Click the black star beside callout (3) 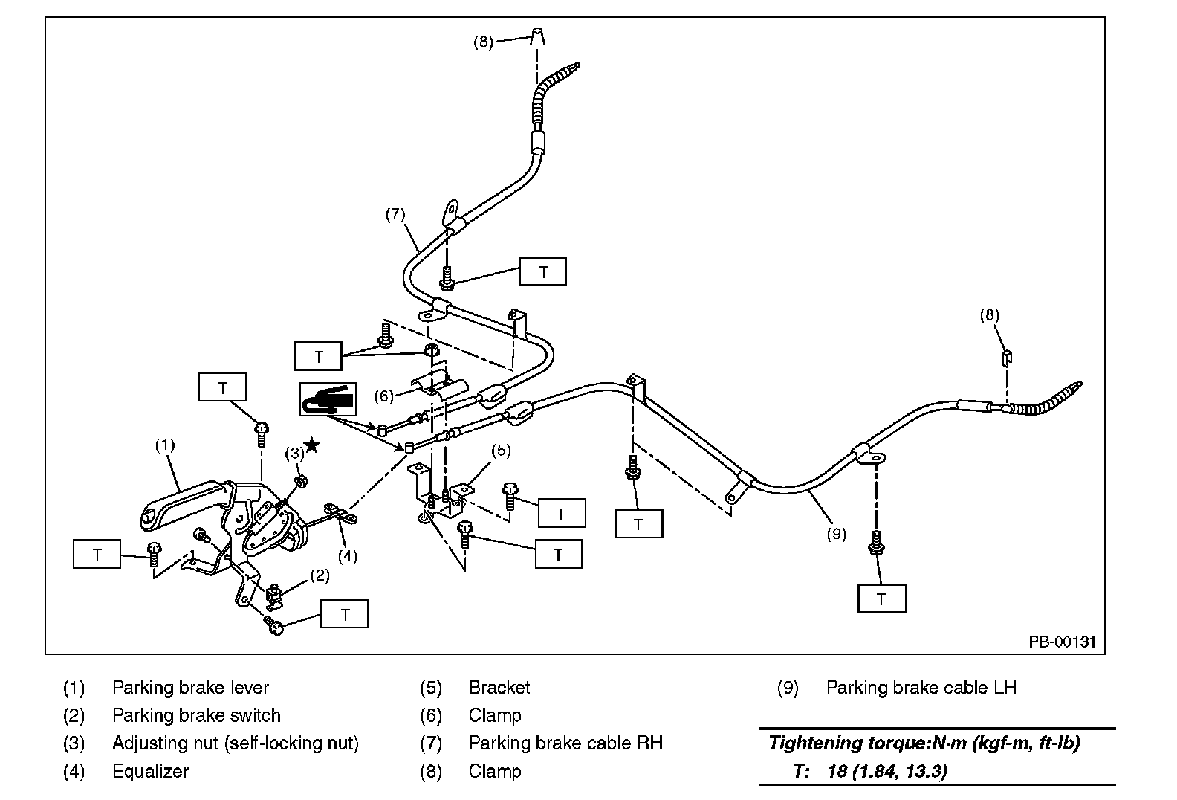(x=313, y=445)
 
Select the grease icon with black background (x=328, y=399)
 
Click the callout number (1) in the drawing (x=164, y=445)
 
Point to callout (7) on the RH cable (x=395, y=214)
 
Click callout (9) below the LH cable (x=837, y=533)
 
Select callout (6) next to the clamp (x=383, y=396)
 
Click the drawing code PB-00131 (x=1062, y=642)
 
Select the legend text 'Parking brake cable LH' (x=921, y=688)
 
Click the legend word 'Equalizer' (x=150, y=771)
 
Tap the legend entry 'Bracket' (x=499, y=688)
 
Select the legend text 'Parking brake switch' (x=196, y=715)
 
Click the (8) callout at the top (x=483, y=42)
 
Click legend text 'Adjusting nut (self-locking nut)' (x=236, y=743)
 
